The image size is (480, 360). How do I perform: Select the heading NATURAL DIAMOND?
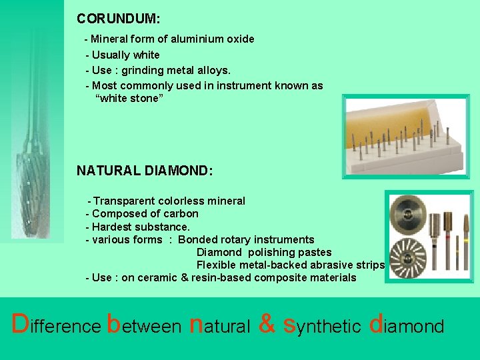pos(145,171)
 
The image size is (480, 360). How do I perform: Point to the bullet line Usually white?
pos(123,55)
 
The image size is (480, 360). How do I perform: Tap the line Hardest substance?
pos(132,227)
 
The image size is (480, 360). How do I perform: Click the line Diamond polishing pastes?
pos(263,252)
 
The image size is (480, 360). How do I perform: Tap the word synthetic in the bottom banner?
pos(321,325)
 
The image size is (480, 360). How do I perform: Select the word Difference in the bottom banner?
pos(56,325)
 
